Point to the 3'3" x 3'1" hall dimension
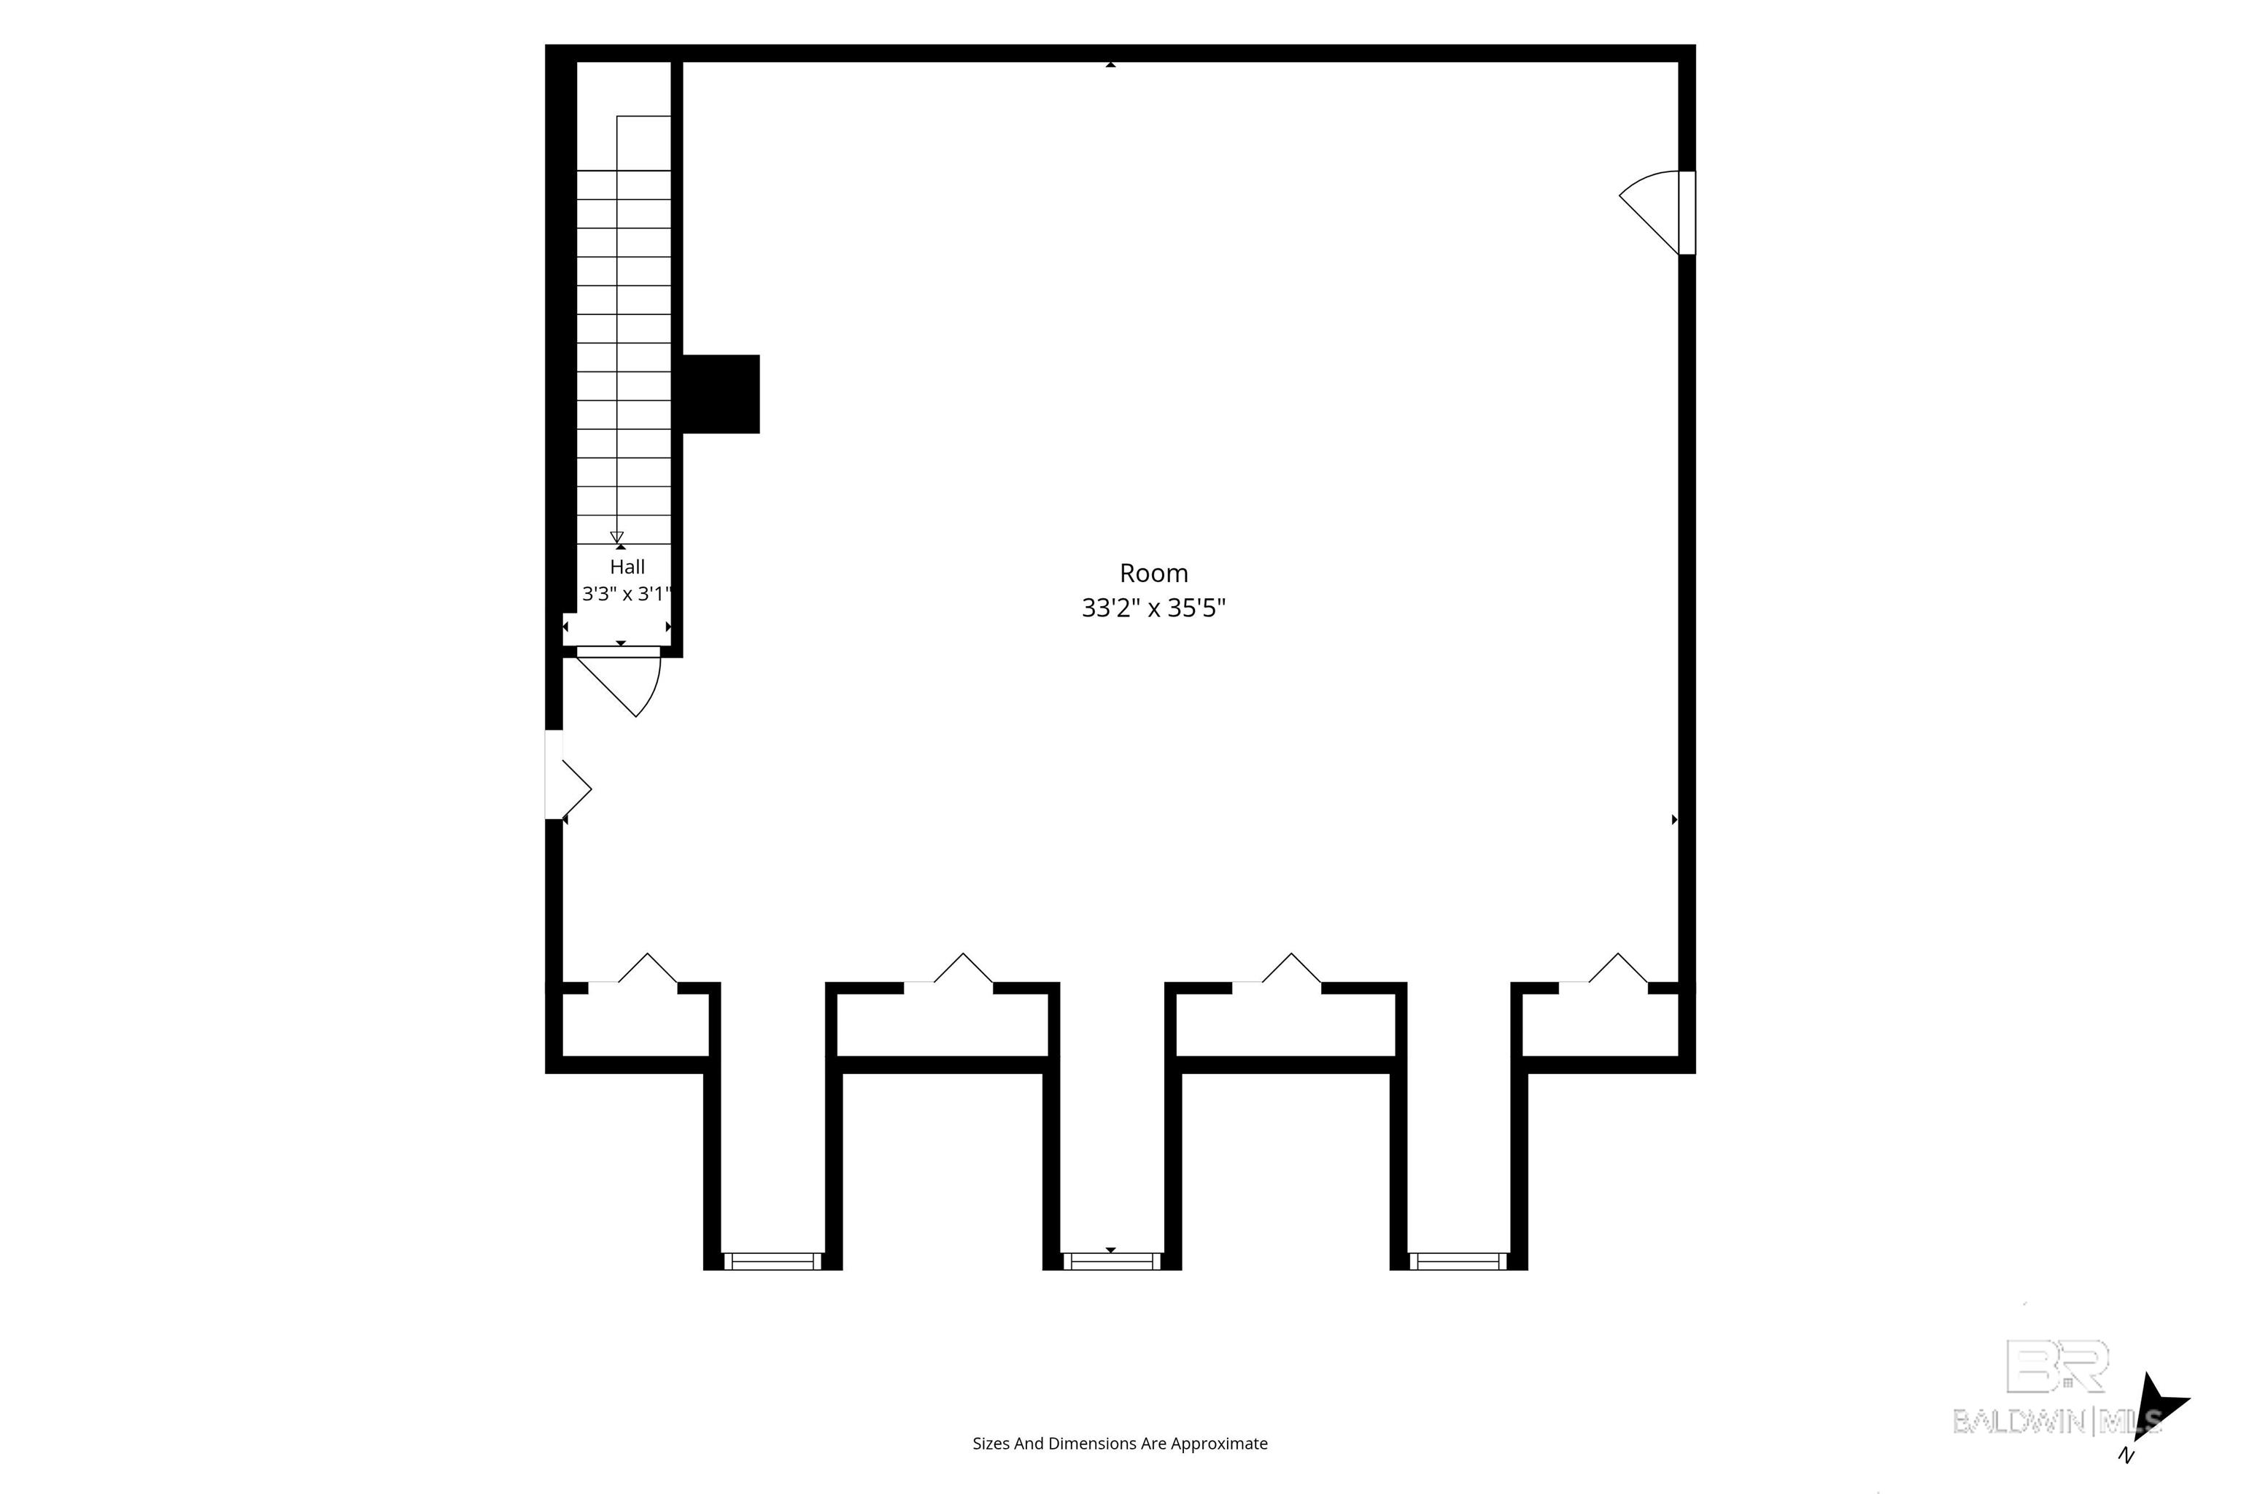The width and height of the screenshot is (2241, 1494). (627, 595)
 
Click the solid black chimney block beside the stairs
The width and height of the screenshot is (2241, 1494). (721, 395)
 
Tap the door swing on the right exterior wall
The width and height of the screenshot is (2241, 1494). (1650, 212)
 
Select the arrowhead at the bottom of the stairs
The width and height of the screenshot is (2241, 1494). (616, 538)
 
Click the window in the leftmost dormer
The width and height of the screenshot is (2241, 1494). (772, 1261)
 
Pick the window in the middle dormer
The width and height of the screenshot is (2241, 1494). (1112, 1261)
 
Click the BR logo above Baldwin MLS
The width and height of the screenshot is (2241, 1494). (2058, 1366)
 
